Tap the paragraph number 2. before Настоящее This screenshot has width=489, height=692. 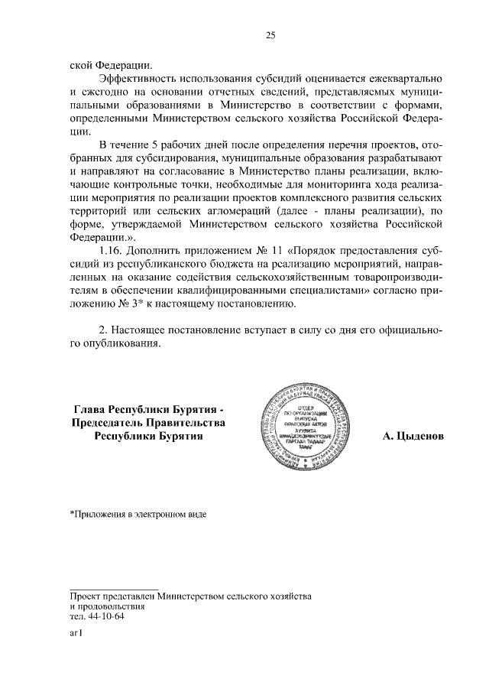click(105, 330)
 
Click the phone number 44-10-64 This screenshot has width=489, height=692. click(106, 616)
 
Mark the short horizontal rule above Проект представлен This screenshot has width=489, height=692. click(114, 589)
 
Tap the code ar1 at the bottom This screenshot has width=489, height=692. click(75, 633)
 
